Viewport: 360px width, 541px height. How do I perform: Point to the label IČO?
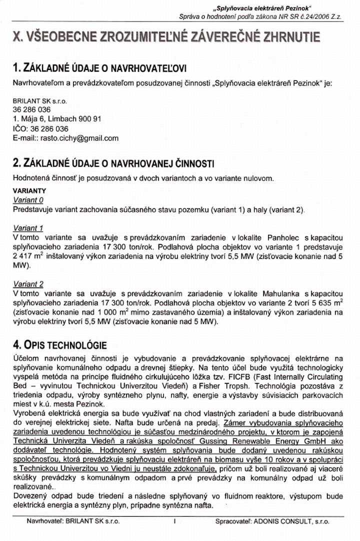click(x=21, y=128)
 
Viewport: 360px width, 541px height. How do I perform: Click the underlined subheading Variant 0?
click(x=28, y=199)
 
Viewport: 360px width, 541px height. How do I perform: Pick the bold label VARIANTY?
click(x=29, y=190)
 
